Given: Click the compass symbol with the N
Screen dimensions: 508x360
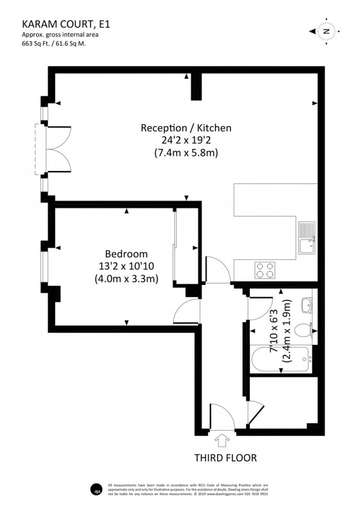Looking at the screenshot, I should [x=326, y=32].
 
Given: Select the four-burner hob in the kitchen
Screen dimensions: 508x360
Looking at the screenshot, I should [x=265, y=269].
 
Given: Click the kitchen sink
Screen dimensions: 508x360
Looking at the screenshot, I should [x=306, y=239].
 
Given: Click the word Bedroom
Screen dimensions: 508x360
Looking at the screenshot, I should [x=127, y=255].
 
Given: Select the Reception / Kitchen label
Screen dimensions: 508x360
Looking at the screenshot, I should [x=186, y=128].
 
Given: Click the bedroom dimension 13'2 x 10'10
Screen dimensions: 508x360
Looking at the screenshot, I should [x=127, y=267].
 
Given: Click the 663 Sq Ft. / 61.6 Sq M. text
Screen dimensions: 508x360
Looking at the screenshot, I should [x=55, y=43].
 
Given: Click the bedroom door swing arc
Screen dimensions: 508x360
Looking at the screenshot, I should [x=185, y=313].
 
